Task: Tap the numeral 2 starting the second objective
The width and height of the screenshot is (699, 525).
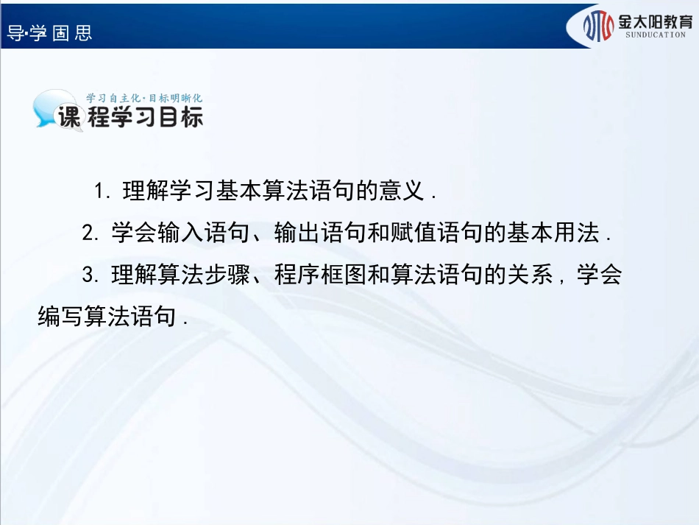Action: pyautogui.click(x=89, y=233)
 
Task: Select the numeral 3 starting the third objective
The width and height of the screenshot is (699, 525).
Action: pyautogui.click(x=89, y=275)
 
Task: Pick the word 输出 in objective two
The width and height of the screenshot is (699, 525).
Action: pyautogui.click(x=296, y=233)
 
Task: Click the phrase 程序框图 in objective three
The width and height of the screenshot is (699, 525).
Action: pyautogui.click(x=319, y=275)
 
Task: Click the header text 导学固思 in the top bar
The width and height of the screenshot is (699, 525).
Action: pyautogui.click(x=49, y=33)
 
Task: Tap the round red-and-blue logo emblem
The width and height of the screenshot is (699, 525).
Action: pyautogui.click(x=598, y=26)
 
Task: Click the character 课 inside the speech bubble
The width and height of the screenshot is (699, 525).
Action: pyautogui.click(x=68, y=118)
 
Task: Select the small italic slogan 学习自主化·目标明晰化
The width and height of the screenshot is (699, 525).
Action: pyautogui.click(x=144, y=97)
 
